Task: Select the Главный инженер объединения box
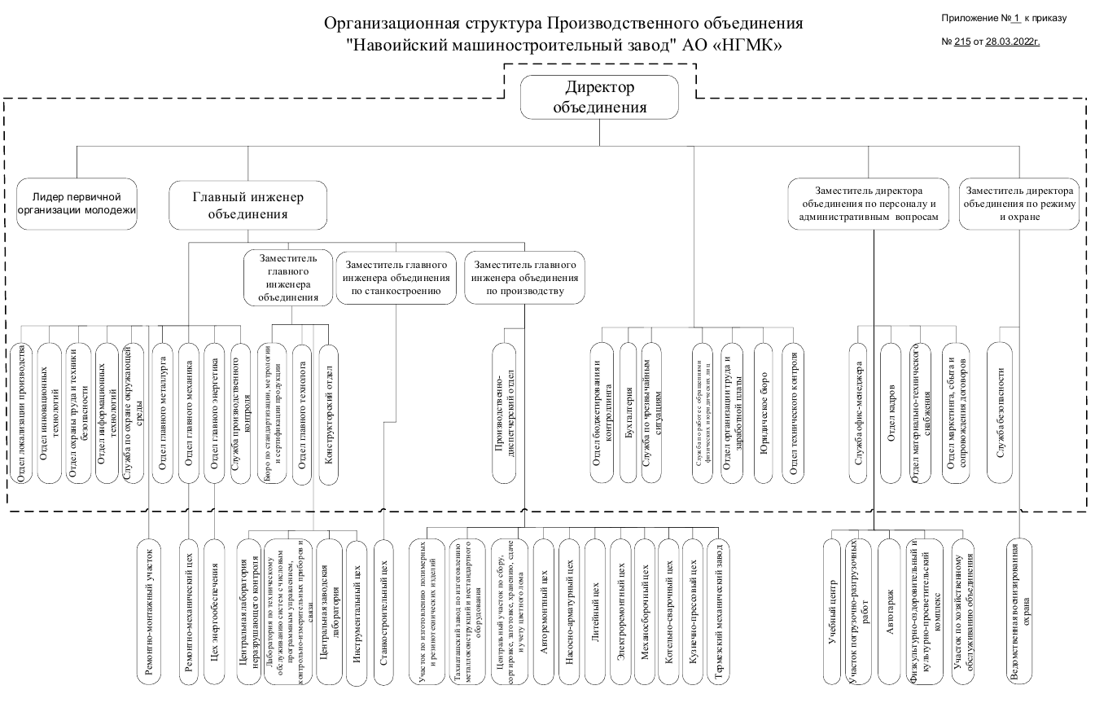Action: pyautogui.click(x=247, y=205)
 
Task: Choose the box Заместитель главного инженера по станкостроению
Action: pyautogui.click(x=396, y=277)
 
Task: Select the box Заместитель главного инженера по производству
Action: pyautogui.click(x=525, y=277)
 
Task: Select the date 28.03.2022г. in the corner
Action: pyautogui.click(x=1013, y=42)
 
